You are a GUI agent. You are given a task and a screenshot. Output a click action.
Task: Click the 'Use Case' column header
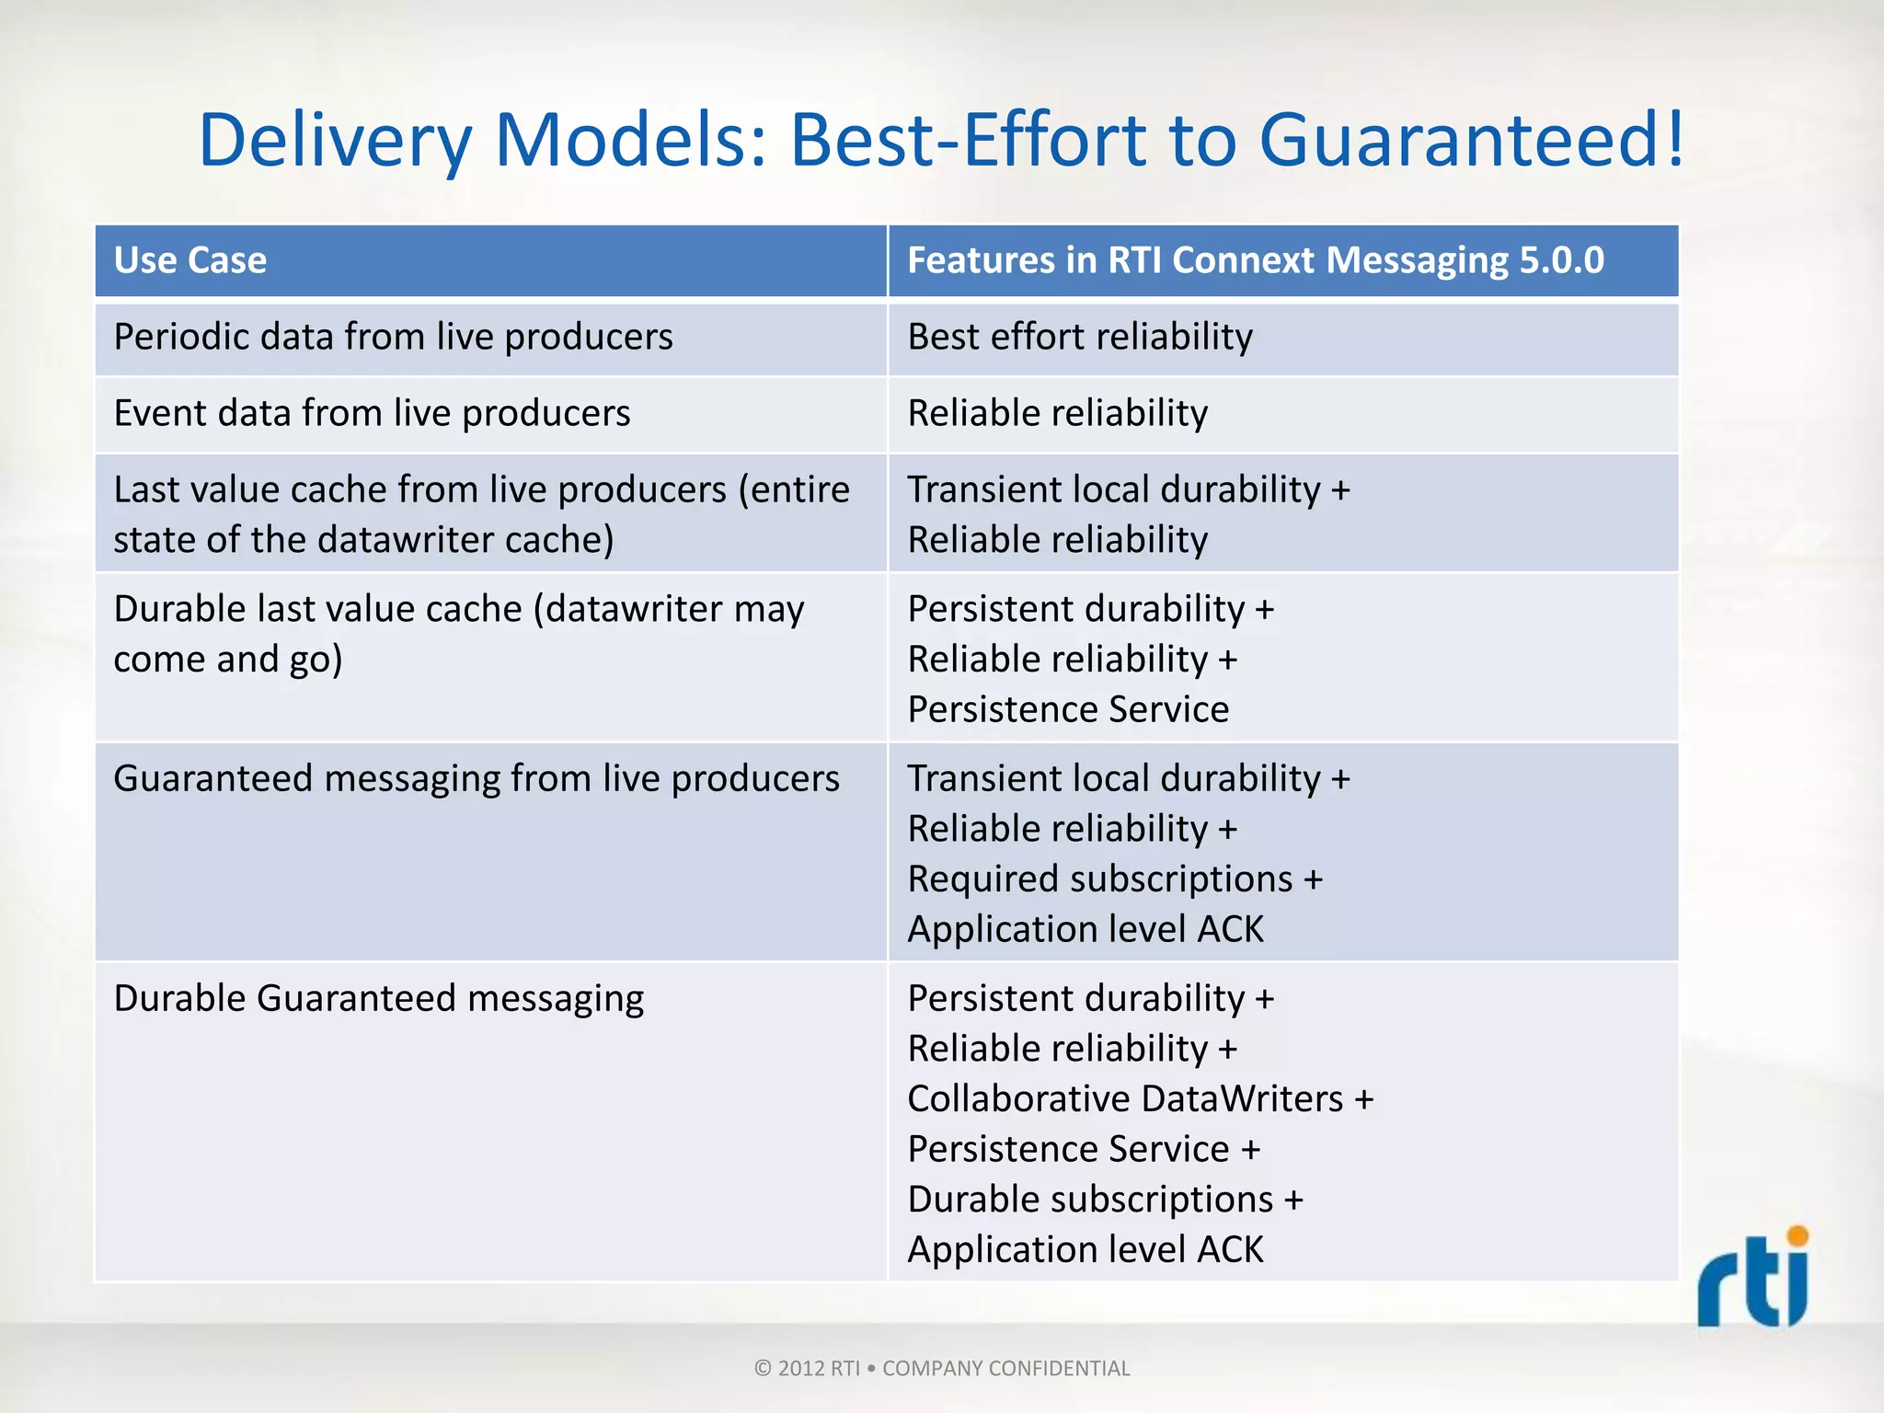(x=190, y=260)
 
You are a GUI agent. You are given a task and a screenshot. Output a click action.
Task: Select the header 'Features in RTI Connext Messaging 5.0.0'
(x=1255, y=260)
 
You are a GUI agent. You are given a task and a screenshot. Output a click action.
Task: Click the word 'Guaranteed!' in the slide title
(x=1471, y=140)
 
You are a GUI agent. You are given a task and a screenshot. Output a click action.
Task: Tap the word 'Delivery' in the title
(x=335, y=140)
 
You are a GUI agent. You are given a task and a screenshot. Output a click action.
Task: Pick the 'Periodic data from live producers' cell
(x=393, y=337)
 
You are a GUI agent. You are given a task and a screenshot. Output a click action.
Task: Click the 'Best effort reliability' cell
(x=1079, y=337)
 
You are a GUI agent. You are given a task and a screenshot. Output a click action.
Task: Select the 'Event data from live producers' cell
(x=372, y=413)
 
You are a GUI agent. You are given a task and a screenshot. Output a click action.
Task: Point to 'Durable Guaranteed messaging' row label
(x=378, y=998)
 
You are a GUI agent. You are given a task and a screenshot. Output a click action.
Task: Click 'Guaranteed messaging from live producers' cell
(x=476, y=778)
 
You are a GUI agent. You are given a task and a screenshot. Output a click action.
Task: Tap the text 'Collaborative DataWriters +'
(x=1140, y=1098)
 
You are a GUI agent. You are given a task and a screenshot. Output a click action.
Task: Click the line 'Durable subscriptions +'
(x=1105, y=1200)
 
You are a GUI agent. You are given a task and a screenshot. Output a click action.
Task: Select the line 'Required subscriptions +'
(x=1114, y=879)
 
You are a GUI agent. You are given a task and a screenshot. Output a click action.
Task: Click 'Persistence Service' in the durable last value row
(x=1068, y=709)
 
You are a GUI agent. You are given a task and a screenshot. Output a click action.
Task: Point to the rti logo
(x=1752, y=1281)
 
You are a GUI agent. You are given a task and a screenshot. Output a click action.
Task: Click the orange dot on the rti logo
(x=1797, y=1235)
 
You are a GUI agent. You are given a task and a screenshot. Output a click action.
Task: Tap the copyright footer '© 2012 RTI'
(x=806, y=1368)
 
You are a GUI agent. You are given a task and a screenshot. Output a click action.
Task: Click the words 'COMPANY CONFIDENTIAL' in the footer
(x=1005, y=1368)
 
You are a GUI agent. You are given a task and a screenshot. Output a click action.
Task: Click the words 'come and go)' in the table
(x=227, y=660)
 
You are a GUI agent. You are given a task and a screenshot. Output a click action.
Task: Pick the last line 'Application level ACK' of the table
(x=1085, y=1249)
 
